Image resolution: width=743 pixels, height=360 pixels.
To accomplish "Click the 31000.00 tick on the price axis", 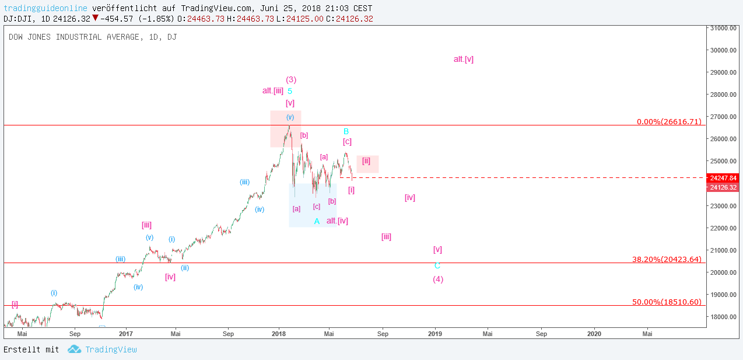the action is pyautogui.click(x=723, y=28).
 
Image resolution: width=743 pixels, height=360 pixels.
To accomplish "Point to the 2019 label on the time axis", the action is pyautogui.click(x=435, y=334).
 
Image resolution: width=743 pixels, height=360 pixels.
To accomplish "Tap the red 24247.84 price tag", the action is pyautogui.click(x=723, y=178).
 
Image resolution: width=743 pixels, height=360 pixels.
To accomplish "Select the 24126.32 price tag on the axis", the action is pyautogui.click(x=723, y=187).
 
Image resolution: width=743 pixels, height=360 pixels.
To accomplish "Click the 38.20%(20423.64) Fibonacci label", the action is pyautogui.click(x=667, y=259).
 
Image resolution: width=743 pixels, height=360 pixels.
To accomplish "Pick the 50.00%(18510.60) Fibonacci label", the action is pyautogui.click(x=667, y=302).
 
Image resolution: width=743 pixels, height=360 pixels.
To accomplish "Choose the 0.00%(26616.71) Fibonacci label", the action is pyautogui.click(x=669, y=122).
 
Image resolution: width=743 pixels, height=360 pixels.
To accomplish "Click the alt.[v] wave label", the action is pyautogui.click(x=464, y=59).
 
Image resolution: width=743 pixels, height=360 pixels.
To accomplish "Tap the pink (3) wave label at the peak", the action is pyautogui.click(x=291, y=79).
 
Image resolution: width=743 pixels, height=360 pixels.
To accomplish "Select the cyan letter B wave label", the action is pyautogui.click(x=346, y=131).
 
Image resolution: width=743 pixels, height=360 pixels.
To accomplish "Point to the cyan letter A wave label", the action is pyautogui.click(x=317, y=221).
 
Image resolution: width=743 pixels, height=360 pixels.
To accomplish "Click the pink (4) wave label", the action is pyautogui.click(x=438, y=279).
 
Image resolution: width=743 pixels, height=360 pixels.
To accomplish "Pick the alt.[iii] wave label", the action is pyautogui.click(x=273, y=90).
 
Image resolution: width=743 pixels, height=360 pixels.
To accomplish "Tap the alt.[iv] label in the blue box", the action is pyautogui.click(x=337, y=221).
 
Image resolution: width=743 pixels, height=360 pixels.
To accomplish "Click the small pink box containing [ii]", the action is pyautogui.click(x=367, y=164).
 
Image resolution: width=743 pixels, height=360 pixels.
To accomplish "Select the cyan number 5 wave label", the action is pyautogui.click(x=290, y=91).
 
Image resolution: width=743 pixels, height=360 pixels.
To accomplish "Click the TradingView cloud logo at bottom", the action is pyautogui.click(x=74, y=349).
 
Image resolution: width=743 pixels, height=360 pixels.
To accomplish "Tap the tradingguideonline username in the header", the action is pyautogui.click(x=45, y=8).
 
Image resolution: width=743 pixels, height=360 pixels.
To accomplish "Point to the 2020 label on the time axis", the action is pyautogui.click(x=594, y=334).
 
